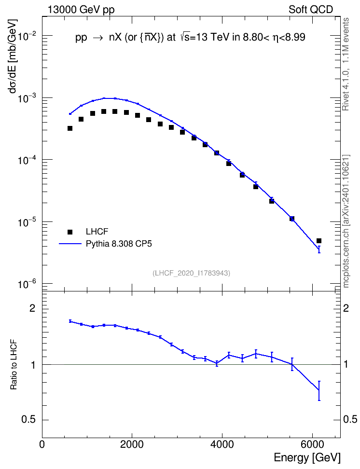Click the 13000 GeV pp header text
pos(81,10)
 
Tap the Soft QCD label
pos(311,9)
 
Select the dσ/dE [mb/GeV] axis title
pos(13,56)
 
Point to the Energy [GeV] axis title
pos(307,457)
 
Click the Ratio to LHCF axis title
pos(14,365)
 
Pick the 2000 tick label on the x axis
pos(132,444)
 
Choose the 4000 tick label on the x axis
pos(222,444)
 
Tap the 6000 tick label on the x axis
pos(312,444)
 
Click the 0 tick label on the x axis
pos(42,444)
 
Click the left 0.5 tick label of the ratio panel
pos(28,420)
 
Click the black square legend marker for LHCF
pos(70,232)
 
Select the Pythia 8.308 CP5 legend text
pos(119,244)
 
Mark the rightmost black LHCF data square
pos(319,241)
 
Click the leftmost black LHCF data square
pos(70,128)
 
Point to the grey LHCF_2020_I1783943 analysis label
pos(191,273)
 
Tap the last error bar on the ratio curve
pos(319,391)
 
